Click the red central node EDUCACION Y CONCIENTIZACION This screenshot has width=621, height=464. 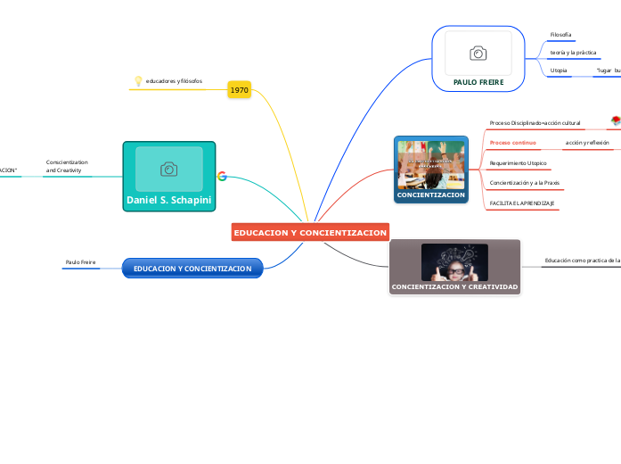[310, 232]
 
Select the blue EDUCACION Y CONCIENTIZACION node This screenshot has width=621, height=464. [192, 269]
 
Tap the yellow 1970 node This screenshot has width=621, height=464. [239, 90]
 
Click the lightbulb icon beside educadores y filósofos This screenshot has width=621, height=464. [137, 81]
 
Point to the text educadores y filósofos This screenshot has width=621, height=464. [174, 81]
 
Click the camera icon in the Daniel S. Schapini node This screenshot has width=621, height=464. [168, 169]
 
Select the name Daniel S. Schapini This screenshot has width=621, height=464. [169, 201]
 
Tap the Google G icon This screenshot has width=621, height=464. [222, 176]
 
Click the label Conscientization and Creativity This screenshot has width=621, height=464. [67, 165]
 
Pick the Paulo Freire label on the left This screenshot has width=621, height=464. [80, 262]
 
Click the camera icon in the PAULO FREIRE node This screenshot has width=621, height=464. [478, 54]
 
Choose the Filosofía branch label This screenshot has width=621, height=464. [560, 35]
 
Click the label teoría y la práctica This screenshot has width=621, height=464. [573, 53]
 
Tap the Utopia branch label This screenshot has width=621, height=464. [559, 70]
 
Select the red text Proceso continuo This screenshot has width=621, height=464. [512, 143]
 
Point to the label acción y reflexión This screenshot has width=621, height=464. [587, 143]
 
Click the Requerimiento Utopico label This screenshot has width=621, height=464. [518, 163]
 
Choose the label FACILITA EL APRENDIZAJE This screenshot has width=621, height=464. [522, 204]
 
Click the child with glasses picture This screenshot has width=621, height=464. [454, 262]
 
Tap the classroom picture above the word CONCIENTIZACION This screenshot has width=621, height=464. [431, 163]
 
